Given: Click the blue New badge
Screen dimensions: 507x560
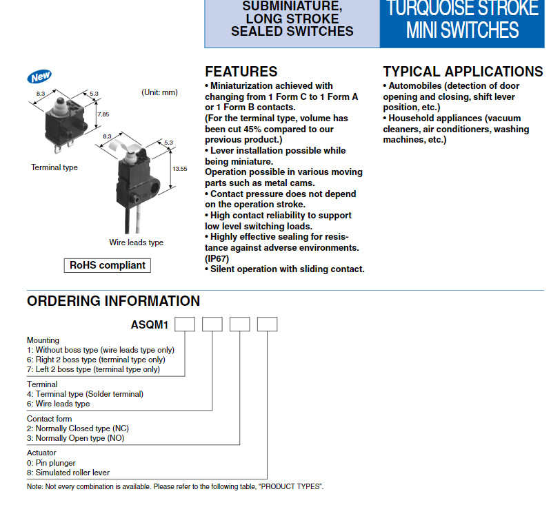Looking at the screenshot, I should pyautogui.click(x=40, y=76).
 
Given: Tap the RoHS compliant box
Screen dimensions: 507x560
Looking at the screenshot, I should pyautogui.click(x=108, y=265).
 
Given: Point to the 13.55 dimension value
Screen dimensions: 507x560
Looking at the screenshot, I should pyautogui.click(x=179, y=168).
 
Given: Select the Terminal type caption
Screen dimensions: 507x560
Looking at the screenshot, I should pyautogui.click(x=54, y=167).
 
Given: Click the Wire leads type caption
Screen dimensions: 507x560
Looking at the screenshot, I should pyautogui.click(x=136, y=242).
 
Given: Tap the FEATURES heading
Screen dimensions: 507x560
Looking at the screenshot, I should pyautogui.click(x=241, y=72).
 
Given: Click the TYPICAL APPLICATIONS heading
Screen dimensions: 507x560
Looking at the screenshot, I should pyautogui.click(x=463, y=72).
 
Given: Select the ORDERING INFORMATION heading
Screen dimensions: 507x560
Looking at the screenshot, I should pyautogui.click(x=113, y=301).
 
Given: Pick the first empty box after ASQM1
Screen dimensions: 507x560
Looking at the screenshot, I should pyautogui.click(x=184, y=324).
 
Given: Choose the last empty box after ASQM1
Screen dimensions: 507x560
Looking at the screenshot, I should pyautogui.click(x=267, y=324).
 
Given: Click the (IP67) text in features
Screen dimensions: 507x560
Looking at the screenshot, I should pyautogui.click(x=216, y=258).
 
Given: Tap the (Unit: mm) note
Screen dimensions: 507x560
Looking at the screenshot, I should pyautogui.click(x=159, y=92).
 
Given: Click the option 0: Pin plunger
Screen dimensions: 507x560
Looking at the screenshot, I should pyautogui.click(x=51, y=463).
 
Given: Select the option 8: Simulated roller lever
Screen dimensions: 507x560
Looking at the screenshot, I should pyautogui.click(x=68, y=473).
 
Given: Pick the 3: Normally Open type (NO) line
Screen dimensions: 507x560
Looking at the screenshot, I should pyautogui.click(x=76, y=438).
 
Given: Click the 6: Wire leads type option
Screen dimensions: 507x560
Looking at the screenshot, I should pyautogui.click(x=59, y=404).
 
